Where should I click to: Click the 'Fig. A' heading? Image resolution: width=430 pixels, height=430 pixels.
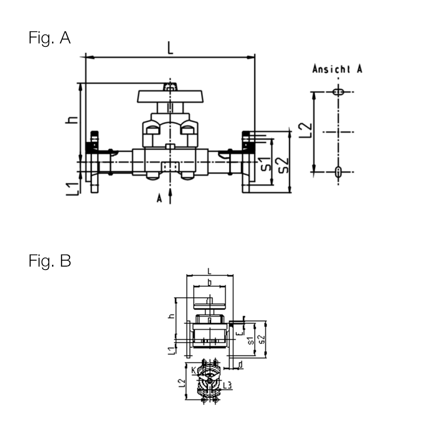[49, 38]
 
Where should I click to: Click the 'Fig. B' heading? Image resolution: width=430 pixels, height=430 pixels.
[49, 261]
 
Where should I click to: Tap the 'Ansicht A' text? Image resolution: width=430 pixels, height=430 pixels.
[337, 69]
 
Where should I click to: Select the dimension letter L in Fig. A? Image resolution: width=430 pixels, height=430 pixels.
[171, 48]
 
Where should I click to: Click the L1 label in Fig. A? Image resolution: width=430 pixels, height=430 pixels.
[73, 187]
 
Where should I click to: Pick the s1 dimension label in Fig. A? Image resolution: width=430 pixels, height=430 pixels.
[267, 164]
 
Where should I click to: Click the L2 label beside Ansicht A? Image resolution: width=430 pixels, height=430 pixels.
[305, 131]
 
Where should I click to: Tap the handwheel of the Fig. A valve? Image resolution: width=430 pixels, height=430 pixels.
[170, 96]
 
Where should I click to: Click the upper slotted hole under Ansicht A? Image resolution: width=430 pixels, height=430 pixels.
[338, 92]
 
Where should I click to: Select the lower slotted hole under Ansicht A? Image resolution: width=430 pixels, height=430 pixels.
[338, 172]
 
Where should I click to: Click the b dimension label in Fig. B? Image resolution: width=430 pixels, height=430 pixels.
[209, 282]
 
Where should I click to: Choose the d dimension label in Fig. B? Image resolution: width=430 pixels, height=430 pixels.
[240, 365]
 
